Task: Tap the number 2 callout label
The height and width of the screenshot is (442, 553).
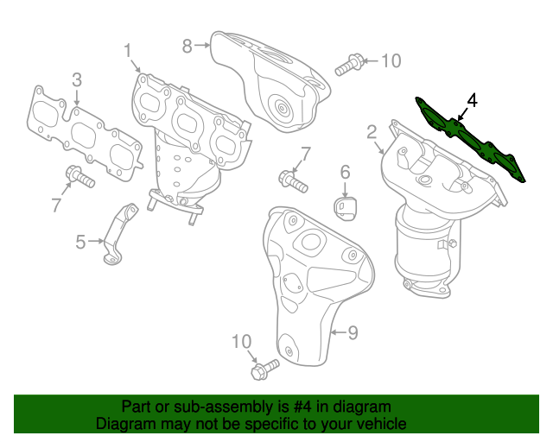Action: click(372, 132)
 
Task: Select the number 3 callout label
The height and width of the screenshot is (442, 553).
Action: click(77, 80)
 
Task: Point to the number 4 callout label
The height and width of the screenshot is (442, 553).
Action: click(472, 100)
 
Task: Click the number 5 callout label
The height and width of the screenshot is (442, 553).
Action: click(80, 243)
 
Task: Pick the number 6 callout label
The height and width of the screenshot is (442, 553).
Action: click(344, 172)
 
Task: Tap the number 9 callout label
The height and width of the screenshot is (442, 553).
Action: click(353, 331)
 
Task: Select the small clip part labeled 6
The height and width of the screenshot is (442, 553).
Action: click(346, 208)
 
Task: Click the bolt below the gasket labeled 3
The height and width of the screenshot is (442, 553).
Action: click(79, 177)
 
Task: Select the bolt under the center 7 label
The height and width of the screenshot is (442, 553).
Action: click(293, 181)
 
